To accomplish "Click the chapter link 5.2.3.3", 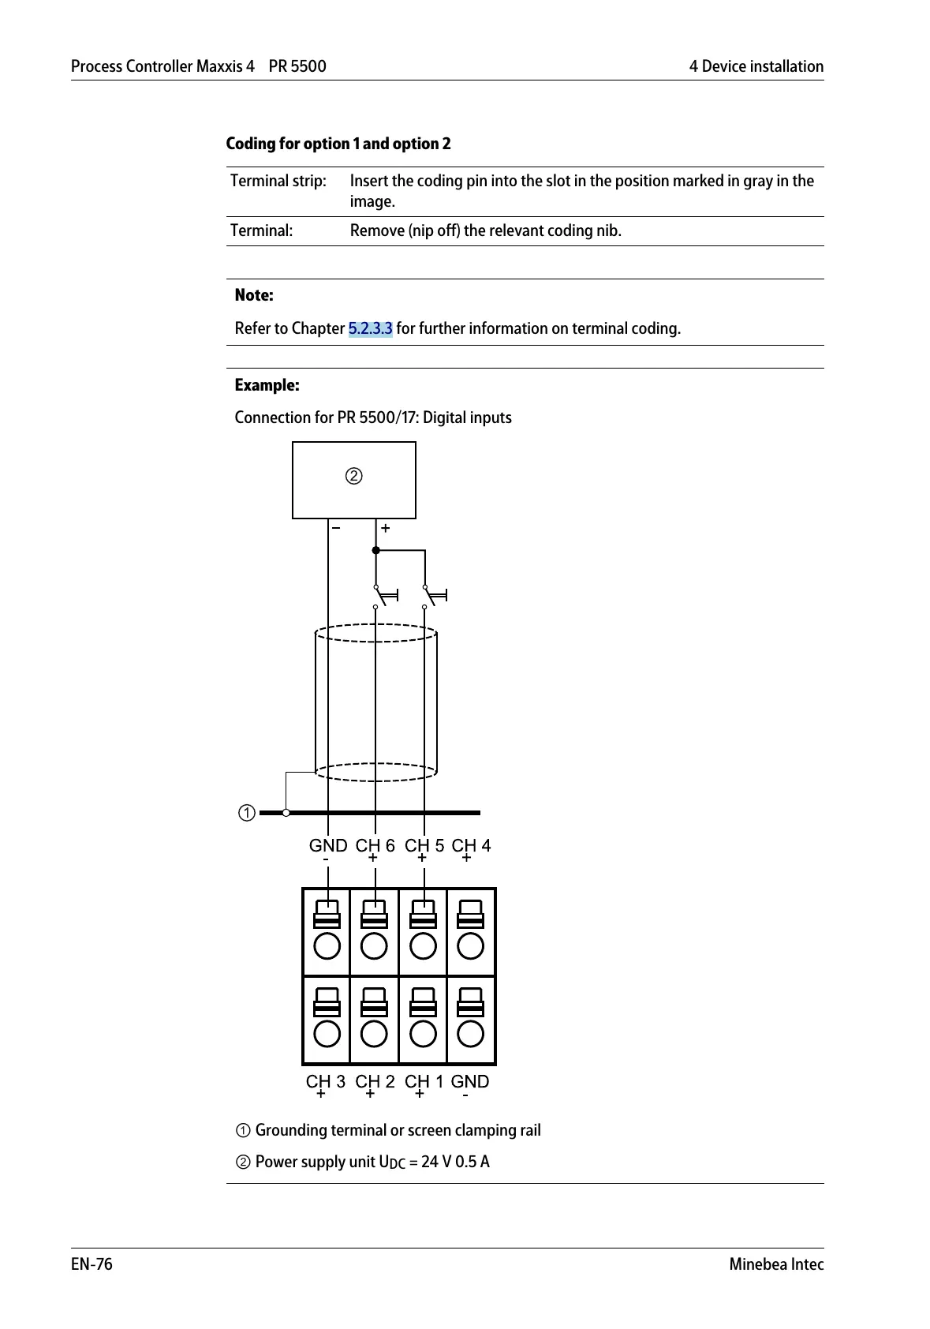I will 370,328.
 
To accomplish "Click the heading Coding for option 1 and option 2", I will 338,144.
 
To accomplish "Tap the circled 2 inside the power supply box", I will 354,476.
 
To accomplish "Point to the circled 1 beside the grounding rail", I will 247,813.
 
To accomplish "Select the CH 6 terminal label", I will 375,845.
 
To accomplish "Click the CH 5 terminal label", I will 424,845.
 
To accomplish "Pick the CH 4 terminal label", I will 471,845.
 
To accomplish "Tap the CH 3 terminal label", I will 325,1081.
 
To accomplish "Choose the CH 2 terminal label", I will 375,1081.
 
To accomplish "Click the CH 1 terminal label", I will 424,1081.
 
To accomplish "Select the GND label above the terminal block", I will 327,845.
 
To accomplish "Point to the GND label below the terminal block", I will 469,1081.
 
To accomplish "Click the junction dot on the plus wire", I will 376,550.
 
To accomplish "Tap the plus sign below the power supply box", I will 386,528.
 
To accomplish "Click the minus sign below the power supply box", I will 336,528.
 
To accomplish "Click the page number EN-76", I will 92,1264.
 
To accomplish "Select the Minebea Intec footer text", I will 776,1264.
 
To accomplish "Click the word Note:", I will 254,295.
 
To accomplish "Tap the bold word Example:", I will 267,385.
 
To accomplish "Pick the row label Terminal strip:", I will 278,181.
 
